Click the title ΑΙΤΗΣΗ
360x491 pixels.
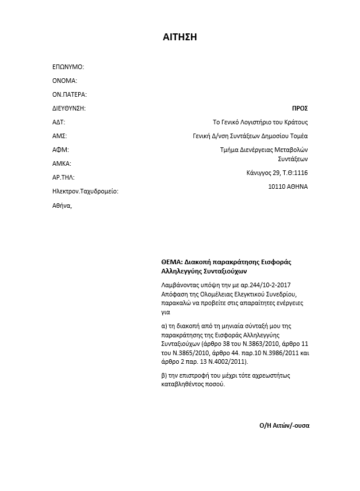click(180, 37)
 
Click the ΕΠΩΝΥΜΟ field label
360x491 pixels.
click(68, 67)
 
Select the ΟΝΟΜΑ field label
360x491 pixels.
click(64, 81)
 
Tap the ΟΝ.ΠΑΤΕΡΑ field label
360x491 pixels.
click(69, 94)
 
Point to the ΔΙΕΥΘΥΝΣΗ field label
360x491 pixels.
click(68, 108)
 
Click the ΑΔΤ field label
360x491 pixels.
click(59, 122)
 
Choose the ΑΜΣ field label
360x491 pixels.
click(59, 136)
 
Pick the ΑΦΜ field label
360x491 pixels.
click(60, 150)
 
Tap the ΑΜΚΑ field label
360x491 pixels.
click(62, 163)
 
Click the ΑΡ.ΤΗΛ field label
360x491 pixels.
click(63, 177)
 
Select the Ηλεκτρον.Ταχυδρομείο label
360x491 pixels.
click(85, 191)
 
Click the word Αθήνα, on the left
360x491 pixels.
click(62, 205)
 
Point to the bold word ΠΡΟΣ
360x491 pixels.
click(300, 108)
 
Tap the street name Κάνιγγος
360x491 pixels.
click(259, 173)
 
